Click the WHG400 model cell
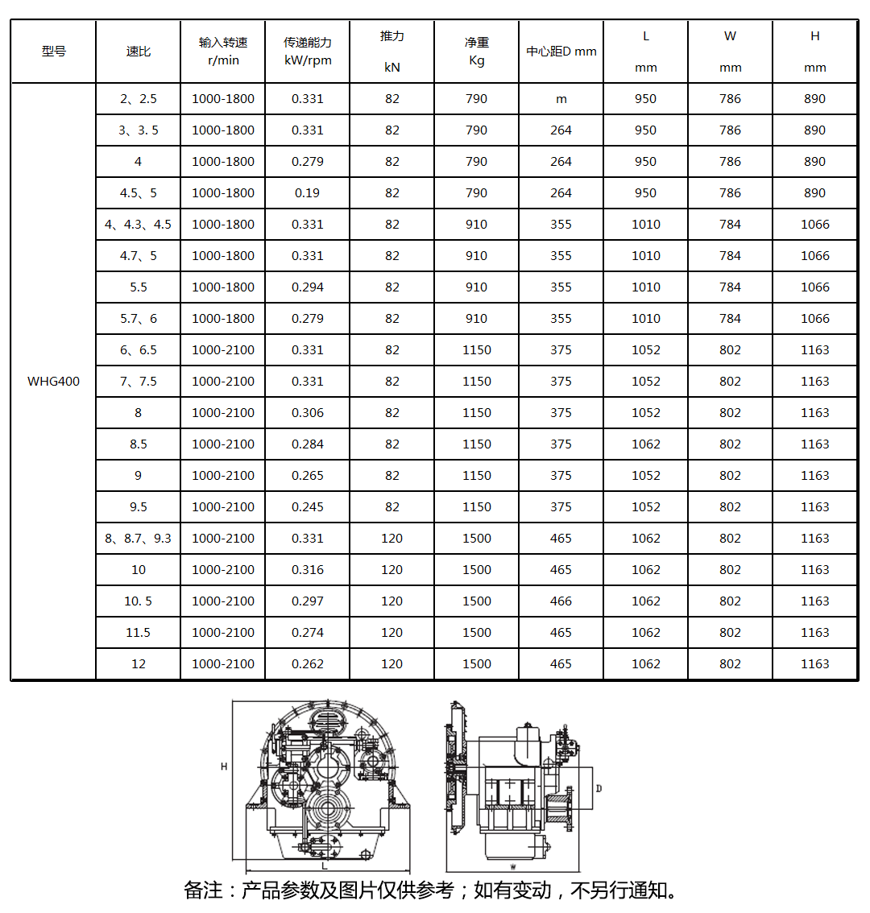pos(53,382)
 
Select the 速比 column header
pos(138,52)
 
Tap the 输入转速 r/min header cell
pos(223,52)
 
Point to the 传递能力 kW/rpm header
pos(308,52)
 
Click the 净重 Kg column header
pos(477,52)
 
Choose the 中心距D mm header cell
pos(561,52)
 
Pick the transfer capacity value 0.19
pos(308,193)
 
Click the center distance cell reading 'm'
pos(561,99)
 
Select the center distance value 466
pos(561,601)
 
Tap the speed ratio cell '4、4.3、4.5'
pos(138,225)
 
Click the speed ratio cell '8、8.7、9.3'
pos(138,539)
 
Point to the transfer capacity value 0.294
pos(308,287)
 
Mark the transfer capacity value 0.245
pos(308,507)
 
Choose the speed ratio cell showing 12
pos(138,664)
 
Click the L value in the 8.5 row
pos(646,444)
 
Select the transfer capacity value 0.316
pos(308,570)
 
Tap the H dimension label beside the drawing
pos(224,767)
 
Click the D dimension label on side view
pos(599,789)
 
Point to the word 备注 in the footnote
pos(202,890)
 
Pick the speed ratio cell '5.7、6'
pos(138,319)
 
